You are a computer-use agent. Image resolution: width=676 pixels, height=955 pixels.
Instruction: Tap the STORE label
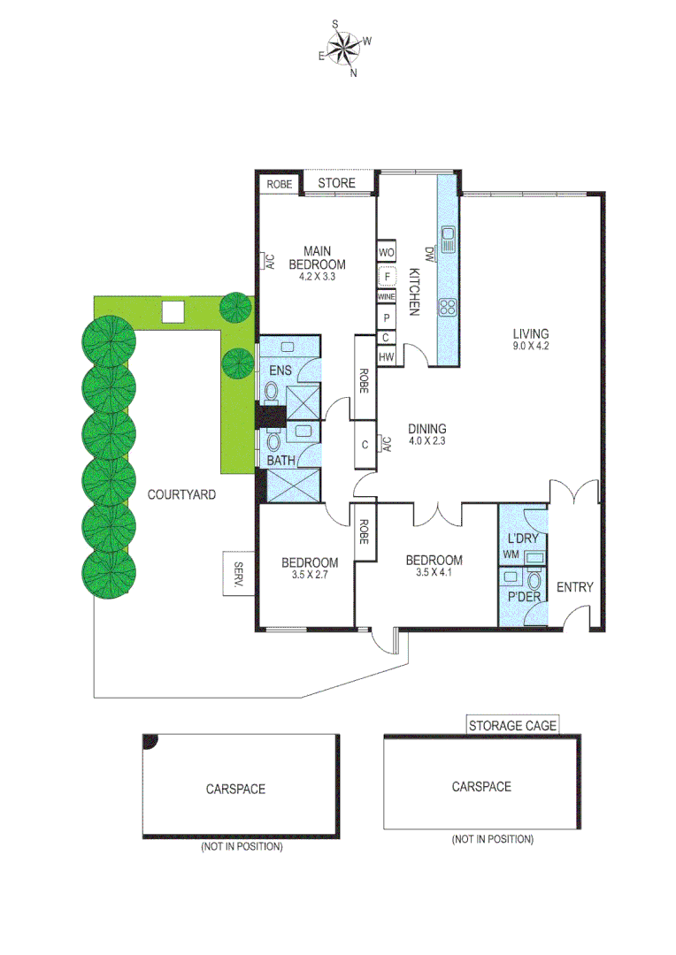tap(336, 183)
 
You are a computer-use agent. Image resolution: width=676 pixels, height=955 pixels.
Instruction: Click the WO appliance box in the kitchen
tap(386, 252)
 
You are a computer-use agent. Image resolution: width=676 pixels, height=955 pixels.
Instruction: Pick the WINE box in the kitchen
tap(386, 297)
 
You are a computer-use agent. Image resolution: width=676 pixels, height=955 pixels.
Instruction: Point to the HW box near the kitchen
tap(386, 356)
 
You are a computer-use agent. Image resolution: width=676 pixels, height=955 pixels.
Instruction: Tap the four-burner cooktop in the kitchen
tap(448, 308)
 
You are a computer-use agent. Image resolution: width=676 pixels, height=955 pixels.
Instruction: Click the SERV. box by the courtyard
tap(238, 573)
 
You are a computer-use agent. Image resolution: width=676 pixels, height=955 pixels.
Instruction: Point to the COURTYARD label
tap(181, 495)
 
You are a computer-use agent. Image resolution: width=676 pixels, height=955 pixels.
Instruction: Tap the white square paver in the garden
tap(173, 311)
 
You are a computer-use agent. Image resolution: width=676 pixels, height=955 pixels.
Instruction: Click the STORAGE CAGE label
tap(512, 725)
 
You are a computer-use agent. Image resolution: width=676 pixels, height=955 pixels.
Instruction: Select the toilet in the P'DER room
tap(534, 582)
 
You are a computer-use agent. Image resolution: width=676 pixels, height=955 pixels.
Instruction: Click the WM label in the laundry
tap(511, 555)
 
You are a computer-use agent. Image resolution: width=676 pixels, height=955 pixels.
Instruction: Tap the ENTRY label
tap(574, 586)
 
